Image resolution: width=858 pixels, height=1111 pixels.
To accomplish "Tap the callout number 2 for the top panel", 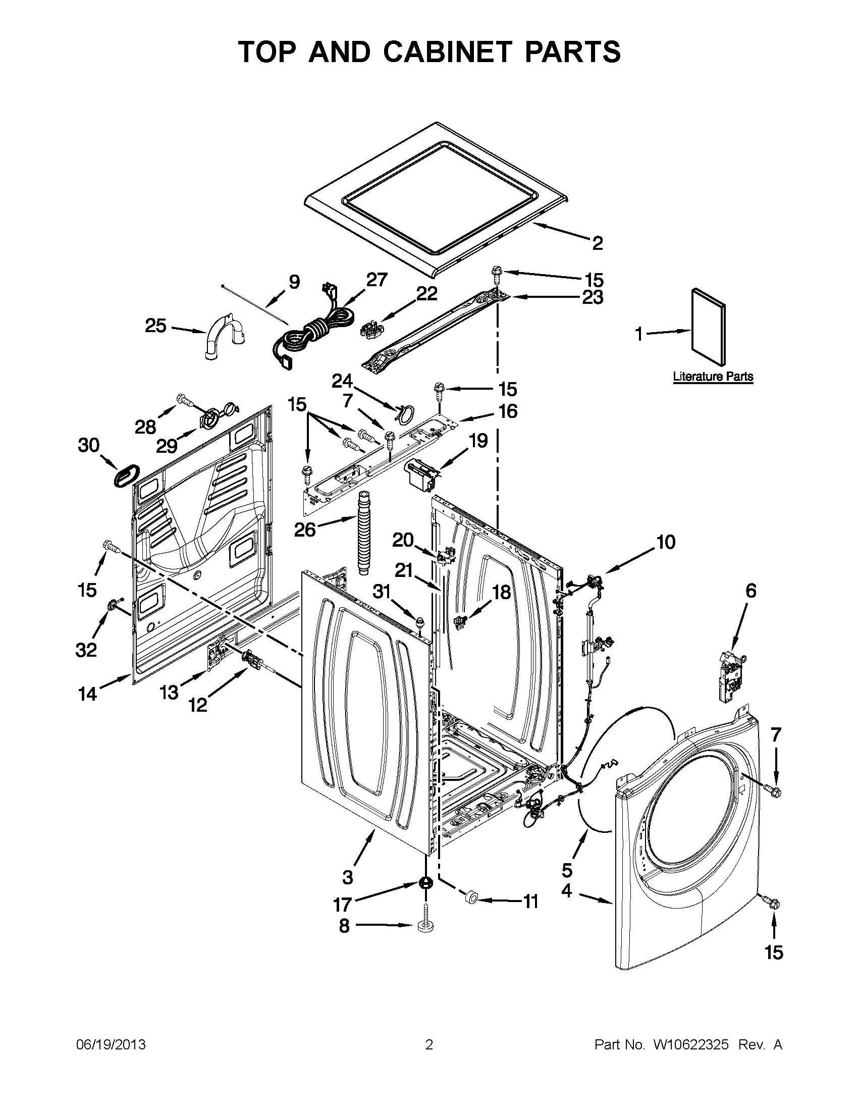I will (597, 243).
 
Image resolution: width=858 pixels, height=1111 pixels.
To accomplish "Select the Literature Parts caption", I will (713, 377).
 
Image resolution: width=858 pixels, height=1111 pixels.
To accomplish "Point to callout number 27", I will (377, 280).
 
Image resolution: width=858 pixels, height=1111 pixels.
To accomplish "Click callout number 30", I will (88, 445).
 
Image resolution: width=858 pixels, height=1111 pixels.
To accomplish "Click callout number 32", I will (86, 650).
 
